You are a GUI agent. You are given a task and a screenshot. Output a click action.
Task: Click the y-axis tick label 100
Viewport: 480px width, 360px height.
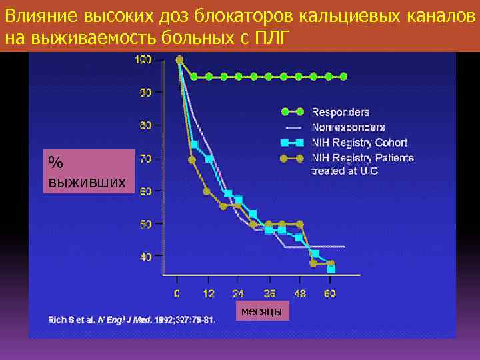[x=143, y=60]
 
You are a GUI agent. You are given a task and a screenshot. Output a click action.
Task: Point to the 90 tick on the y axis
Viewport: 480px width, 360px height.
[x=145, y=92]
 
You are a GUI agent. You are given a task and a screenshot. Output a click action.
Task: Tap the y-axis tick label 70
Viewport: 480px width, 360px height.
[x=145, y=159]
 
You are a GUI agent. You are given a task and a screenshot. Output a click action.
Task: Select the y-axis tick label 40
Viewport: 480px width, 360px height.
[x=145, y=256]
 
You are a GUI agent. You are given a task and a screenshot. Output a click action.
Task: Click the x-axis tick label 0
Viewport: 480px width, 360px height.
[x=177, y=293]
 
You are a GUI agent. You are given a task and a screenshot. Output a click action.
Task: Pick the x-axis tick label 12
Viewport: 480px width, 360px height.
[x=209, y=293]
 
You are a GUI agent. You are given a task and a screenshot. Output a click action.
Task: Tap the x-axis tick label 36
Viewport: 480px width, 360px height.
[x=269, y=293]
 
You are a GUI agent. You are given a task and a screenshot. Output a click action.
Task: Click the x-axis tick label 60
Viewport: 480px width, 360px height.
[x=331, y=293]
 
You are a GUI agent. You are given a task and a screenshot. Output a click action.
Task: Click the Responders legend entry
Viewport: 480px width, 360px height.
[x=340, y=112]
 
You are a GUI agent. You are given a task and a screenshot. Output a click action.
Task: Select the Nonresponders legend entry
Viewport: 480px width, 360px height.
[x=348, y=127]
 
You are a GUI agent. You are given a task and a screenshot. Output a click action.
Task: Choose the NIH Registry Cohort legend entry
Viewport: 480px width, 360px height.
[x=359, y=142]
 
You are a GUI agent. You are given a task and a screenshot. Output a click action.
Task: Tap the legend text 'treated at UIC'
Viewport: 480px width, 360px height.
[x=345, y=171]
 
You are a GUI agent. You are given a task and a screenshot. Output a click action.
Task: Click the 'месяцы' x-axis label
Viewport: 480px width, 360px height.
[x=261, y=311]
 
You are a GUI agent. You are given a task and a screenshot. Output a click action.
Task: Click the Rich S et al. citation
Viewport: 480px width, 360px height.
[x=131, y=320]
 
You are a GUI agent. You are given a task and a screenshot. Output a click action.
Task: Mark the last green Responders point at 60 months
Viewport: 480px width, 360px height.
[x=343, y=77]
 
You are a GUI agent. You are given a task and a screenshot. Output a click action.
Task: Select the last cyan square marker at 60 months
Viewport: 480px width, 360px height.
[x=331, y=269]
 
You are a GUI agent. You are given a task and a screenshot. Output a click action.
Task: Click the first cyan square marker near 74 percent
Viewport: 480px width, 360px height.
[x=194, y=145]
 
